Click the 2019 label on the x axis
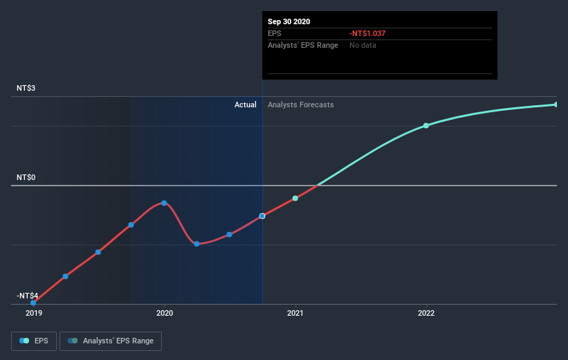tap(33, 313)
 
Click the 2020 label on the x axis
tap(165, 313)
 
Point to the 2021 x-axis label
tap(295, 313)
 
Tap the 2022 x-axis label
tap(426, 313)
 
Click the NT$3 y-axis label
tap(27, 89)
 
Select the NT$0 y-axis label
tap(27, 178)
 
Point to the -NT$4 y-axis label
tap(28, 296)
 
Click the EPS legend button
tap(35, 341)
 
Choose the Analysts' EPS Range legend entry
tap(111, 341)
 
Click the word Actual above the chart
tap(245, 105)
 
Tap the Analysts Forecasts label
tap(301, 105)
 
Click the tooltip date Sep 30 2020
tap(289, 21)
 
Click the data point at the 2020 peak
tap(164, 203)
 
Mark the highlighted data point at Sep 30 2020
tap(262, 216)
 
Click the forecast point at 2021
tap(295, 198)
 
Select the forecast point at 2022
tap(426, 125)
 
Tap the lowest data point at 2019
tap(33, 303)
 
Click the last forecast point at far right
tap(556, 105)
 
